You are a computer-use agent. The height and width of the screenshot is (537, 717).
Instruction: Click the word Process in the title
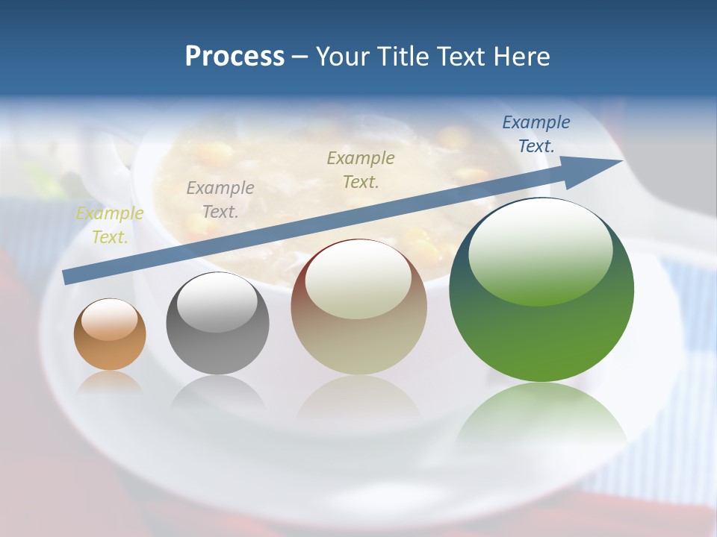coord(235,57)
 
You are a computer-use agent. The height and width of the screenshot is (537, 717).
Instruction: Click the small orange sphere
coord(110,334)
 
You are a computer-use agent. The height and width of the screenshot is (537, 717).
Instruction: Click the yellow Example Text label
coord(110,225)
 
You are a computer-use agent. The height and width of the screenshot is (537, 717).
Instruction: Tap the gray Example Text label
coord(220,200)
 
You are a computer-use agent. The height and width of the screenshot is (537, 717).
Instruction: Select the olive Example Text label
coord(361,170)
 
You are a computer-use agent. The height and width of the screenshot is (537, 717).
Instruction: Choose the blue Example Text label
coord(536,134)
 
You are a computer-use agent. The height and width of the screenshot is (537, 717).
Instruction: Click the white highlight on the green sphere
coord(540,250)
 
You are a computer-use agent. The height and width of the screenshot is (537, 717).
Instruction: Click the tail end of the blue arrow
coord(69,277)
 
